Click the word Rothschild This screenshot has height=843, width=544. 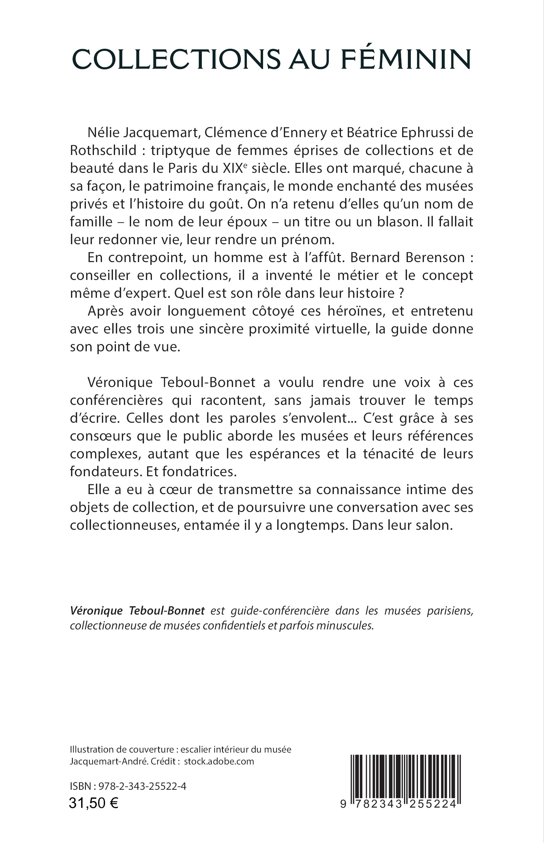click(103, 151)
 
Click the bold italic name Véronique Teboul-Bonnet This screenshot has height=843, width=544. click(137, 611)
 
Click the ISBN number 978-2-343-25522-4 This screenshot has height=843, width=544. click(142, 786)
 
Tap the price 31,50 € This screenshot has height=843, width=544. click(94, 803)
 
